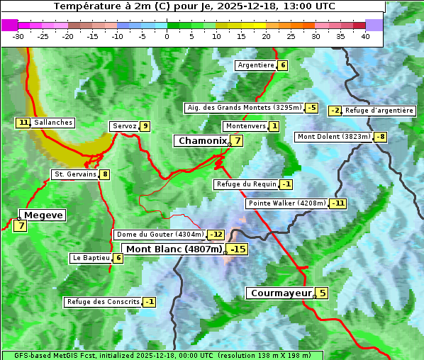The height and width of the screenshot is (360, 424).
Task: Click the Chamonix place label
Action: (x=201, y=141)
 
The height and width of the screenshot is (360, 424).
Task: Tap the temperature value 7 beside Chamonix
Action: (x=238, y=141)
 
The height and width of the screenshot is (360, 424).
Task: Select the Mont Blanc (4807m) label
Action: (x=174, y=249)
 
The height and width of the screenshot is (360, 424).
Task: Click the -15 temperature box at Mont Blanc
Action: (x=238, y=249)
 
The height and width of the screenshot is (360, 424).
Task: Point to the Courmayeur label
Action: (x=280, y=293)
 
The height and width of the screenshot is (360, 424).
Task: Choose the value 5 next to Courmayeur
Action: (x=322, y=293)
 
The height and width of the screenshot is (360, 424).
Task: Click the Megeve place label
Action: (x=43, y=215)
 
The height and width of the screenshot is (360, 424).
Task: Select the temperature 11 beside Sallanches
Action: (x=23, y=123)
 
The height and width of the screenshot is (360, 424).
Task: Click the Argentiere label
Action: (x=256, y=65)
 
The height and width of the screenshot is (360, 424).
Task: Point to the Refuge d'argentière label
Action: (x=379, y=111)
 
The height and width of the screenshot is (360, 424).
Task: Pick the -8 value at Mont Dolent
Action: (x=381, y=137)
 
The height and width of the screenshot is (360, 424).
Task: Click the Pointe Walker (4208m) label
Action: (x=287, y=203)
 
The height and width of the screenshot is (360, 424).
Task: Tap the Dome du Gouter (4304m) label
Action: (x=160, y=235)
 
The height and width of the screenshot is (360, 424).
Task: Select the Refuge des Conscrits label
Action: (x=103, y=302)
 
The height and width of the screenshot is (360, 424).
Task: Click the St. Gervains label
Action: (x=74, y=174)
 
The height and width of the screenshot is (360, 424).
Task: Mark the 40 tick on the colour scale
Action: (x=365, y=36)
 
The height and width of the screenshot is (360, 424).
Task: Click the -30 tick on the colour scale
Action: (x=18, y=36)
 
